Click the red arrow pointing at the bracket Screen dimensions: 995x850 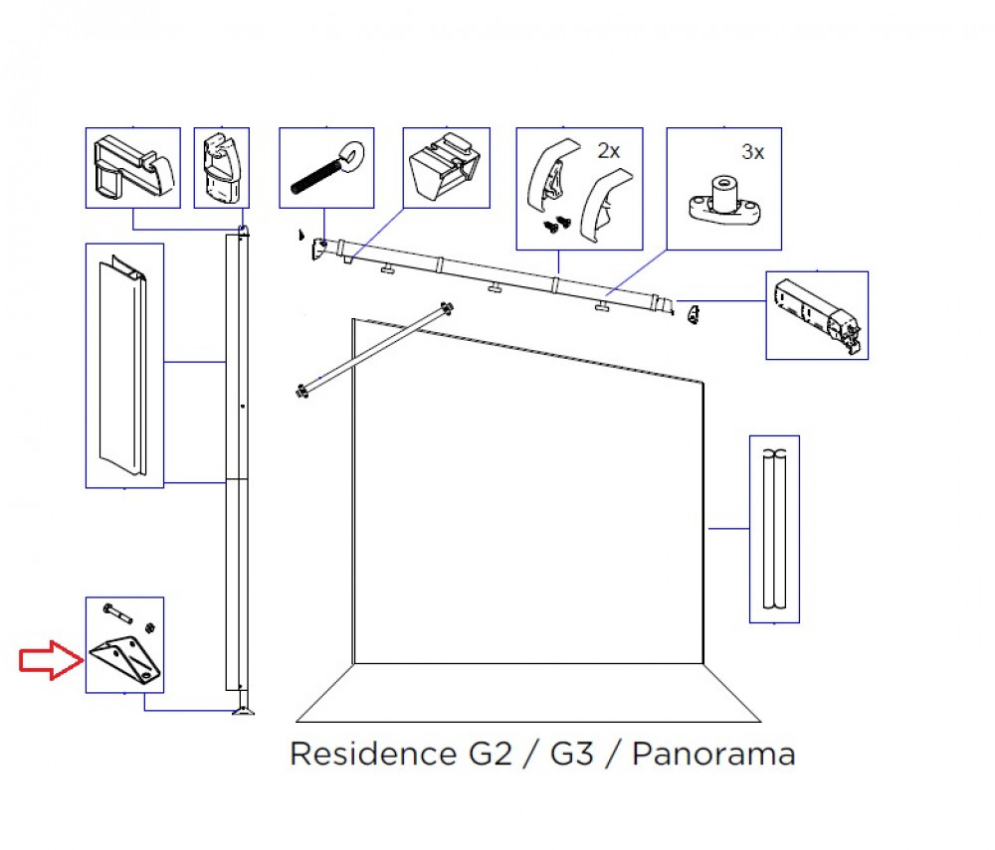coord(52,660)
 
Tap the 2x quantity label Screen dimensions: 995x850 coord(609,151)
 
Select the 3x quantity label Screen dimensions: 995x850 coord(752,152)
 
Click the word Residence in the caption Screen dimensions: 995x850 coord(372,754)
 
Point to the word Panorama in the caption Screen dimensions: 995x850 coord(713,754)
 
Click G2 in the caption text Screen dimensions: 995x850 coord(490,754)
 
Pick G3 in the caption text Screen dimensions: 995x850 coord(572,754)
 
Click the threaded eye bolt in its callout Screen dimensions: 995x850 coord(326,167)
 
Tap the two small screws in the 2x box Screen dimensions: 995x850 coord(557,225)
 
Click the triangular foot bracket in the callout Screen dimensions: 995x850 coord(125,660)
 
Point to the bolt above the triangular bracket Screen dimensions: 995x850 coord(117,613)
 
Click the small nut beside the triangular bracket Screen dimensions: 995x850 coord(150,627)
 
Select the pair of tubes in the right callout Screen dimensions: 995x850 coord(774,529)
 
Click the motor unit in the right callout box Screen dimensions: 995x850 coord(817,315)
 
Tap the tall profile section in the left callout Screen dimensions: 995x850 coord(123,366)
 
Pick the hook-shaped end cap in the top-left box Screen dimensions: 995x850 coord(134,165)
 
